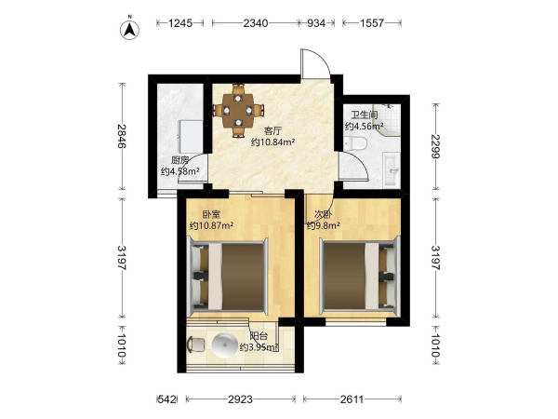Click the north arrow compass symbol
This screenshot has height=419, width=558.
pyautogui.click(x=129, y=29)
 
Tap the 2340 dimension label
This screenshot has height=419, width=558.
pyautogui.click(x=255, y=23)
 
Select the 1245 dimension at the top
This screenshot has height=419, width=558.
pyautogui.click(x=180, y=23)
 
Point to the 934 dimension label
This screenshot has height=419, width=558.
pyautogui.click(x=316, y=23)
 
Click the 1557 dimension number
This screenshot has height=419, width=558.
pyautogui.click(x=372, y=23)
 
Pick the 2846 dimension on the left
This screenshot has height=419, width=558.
pyautogui.click(x=122, y=136)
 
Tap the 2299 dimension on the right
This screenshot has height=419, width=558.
pyautogui.click(x=435, y=146)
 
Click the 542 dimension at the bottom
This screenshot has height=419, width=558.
pyautogui.click(x=166, y=399)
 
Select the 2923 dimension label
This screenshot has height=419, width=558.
pyautogui.click(x=240, y=399)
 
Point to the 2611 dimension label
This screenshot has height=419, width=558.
pyautogui.click(x=352, y=399)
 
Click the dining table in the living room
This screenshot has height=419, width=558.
pyautogui.click(x=238, y=111)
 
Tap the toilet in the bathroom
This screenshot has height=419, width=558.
pyautogui.click(x=355, y=143)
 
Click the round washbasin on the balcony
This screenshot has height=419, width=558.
pyautogui.click(x=224, y=345)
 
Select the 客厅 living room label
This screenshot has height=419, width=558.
pyautogui.click(x=272, y=130)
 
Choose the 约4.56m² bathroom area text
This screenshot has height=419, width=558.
pyautogui.click(x=364, y=126)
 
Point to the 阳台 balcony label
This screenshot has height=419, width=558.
pyautogui.click(x=259, y=336)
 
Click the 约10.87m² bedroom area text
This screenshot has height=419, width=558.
pyautogui.click(x=211, y=225)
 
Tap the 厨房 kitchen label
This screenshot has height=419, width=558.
pyautogui.click(x=179, y=160)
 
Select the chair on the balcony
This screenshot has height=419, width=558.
pyautogui.click(x=195, y=345)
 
